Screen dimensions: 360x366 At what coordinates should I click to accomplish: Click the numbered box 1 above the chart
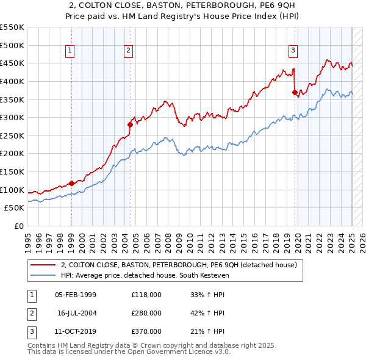click(71, 51)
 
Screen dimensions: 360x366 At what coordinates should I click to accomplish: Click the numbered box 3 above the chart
click(293, 51)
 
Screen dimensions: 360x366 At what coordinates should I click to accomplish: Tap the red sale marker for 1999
click(71, 182)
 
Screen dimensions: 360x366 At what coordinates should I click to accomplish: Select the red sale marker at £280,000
click(130, 124)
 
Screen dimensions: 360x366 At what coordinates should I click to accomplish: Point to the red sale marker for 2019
click(295, 92)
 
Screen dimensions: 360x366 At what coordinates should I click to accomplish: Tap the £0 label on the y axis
click(18, 226)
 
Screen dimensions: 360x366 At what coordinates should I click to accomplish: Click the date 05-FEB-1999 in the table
click(76, 295)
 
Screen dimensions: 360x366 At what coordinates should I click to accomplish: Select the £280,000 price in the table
click(146, 313)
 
